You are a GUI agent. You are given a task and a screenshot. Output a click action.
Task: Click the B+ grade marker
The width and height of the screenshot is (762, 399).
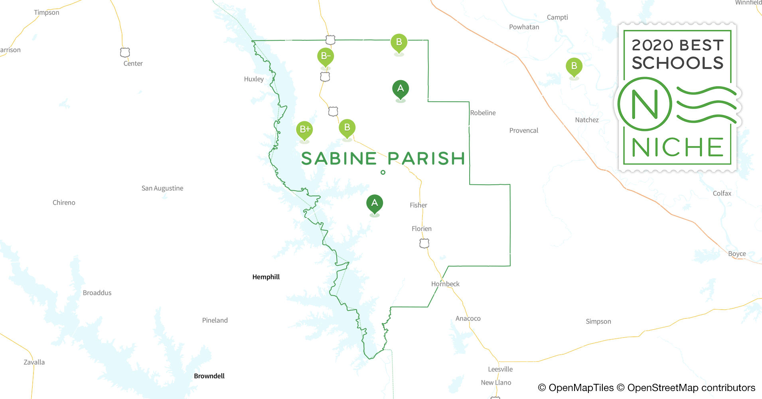coord(304,129)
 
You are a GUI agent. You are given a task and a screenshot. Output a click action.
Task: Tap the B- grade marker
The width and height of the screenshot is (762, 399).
coord(325,56)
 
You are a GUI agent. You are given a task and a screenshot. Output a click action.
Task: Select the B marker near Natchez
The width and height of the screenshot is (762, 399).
coord(574,66)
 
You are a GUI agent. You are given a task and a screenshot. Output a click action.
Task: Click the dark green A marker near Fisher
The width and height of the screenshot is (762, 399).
coord(374,203)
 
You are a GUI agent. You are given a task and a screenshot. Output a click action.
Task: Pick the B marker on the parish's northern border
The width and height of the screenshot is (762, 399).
coord(399,42)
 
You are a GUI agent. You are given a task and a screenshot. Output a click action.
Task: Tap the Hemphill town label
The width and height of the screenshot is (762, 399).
coord(266,277)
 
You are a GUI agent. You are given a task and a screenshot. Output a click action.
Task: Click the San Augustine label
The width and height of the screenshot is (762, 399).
coord(162,188)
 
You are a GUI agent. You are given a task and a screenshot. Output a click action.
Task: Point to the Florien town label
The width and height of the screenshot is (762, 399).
coord(421,229)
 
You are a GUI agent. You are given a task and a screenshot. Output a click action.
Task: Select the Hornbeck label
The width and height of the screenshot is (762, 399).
coord(445,284)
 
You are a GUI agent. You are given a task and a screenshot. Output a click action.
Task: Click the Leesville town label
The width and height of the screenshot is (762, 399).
coord(500,369)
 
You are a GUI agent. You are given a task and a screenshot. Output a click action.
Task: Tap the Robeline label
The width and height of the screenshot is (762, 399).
coord(483,113)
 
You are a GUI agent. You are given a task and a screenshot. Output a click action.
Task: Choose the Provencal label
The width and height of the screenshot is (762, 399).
coord(523,130)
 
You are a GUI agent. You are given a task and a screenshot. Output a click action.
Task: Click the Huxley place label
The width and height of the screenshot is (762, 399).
coord(254,79)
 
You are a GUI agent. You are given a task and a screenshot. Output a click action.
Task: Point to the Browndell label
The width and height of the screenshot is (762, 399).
coord(209,376)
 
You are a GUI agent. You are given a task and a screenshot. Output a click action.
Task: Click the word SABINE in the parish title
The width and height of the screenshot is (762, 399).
coord(339,159)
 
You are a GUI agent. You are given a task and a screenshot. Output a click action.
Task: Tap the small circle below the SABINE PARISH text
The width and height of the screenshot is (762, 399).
coord(383,172)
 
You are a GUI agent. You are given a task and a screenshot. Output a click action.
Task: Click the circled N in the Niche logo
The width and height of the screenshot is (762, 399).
coord(644,104)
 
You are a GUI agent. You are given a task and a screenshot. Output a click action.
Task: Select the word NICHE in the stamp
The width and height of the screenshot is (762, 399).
coord(677,148)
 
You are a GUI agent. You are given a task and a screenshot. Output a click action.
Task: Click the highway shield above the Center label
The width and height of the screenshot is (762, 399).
coord(125,52)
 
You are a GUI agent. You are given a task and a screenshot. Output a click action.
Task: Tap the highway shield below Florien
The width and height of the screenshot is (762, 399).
coord(424,243)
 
